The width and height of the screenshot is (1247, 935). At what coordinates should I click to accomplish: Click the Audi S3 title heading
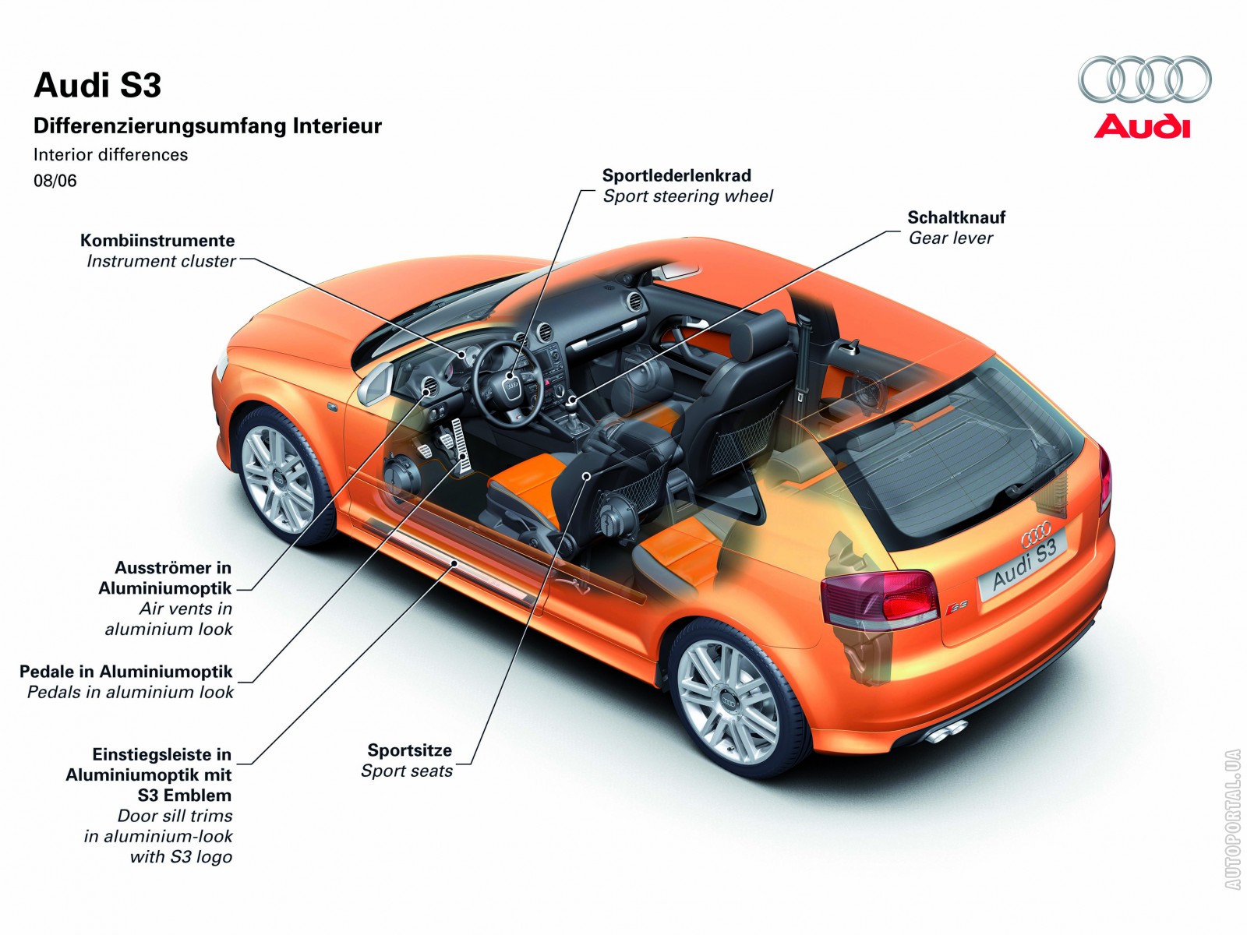[97, 86]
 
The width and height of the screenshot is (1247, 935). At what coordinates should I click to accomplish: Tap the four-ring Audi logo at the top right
[1144, 79]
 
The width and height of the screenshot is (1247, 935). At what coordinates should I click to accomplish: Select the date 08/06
[55, 181]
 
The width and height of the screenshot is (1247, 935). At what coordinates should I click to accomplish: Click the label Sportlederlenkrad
[676, 176]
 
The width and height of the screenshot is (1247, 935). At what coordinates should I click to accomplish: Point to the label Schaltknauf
[956, 217]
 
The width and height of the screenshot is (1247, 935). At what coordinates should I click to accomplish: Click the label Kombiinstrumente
[157, 241]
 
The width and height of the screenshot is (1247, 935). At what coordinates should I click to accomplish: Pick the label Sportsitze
[409, 750]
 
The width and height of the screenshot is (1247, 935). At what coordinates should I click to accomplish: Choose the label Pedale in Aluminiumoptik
[126, 672]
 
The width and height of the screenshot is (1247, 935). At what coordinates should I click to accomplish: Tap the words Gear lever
[951, 238]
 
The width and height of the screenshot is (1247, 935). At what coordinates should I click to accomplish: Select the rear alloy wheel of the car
[728, 700]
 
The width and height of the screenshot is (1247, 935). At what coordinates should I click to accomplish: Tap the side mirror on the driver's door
[375, 383]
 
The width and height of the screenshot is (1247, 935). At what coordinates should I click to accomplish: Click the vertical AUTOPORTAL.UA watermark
[1231, 818]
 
